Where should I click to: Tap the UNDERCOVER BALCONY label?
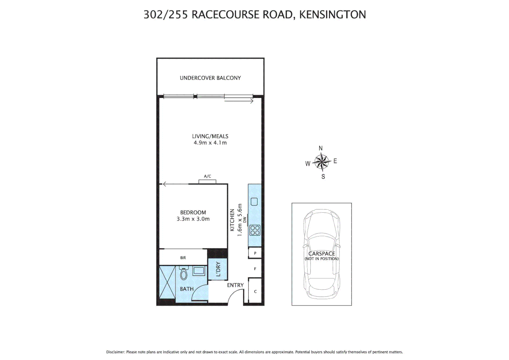[x=210, y=78]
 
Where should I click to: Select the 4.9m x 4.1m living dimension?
[x=210, y=143]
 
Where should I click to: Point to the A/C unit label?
[x=208, y=176]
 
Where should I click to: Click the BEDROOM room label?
[x=193, y=212]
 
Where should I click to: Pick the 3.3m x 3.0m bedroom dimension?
[x=193, y=219]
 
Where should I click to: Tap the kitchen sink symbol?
[x=254, y=202]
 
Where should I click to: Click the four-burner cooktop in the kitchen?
[x=255, y=230]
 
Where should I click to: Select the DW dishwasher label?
[x=245, y=220]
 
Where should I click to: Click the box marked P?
[x=255, y=253]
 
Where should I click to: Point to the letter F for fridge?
[x=255, y=269]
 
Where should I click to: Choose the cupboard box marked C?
[x=255, y=292]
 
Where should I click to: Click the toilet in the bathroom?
[x=184, y=274]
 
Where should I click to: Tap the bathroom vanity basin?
[x=199, y=270]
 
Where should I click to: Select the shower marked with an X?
[x=167, y=282]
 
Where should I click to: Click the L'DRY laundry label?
[x=218, y=269]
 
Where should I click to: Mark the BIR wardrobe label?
[x=183, y=258]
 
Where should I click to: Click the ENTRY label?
[x=235, y=285]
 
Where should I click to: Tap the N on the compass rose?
[x=320, y=148]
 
